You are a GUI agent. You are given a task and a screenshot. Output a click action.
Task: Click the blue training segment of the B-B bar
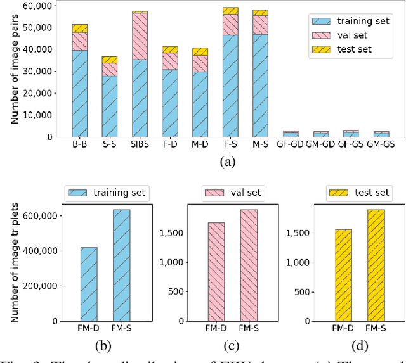79,93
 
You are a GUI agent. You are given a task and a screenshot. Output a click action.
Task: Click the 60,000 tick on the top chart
37,6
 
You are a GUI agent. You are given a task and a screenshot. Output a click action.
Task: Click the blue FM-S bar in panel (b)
121,265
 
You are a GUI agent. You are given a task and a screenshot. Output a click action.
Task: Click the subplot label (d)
359,345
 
